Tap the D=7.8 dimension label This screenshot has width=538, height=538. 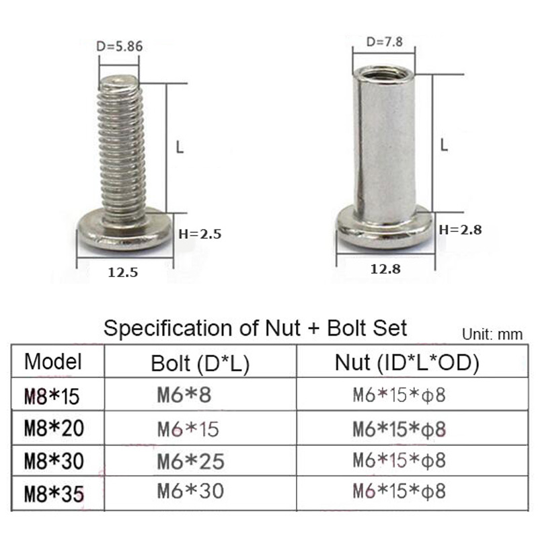[384, 41]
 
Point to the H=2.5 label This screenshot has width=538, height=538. [199, 235]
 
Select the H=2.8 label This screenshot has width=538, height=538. [461, 229]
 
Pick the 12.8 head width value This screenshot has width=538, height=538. [385, 269]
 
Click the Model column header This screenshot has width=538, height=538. [53, 362]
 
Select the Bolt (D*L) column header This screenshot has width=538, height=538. [200, 364]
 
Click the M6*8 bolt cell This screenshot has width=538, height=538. [184, 395]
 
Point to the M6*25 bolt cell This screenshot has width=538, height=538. [190, 461]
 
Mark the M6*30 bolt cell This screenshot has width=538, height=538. [190, 492]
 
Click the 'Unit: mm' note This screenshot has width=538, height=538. [492, 334]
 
